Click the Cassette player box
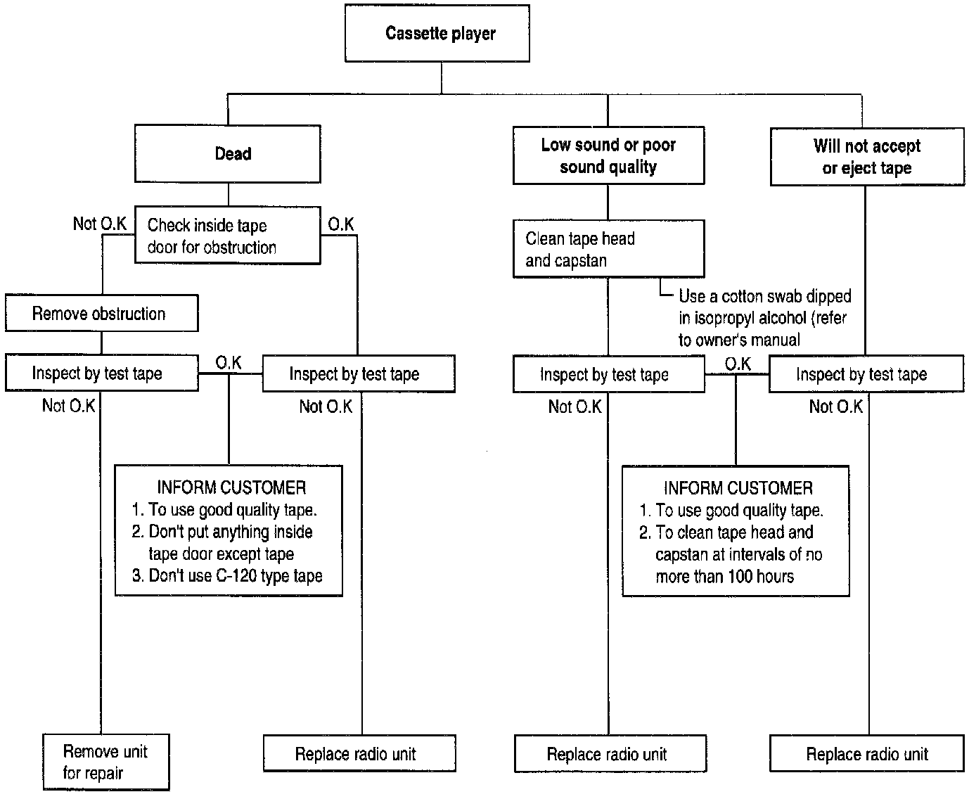437,33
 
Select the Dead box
228,153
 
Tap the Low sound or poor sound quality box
608,155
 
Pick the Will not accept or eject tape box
867,157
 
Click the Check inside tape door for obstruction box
228,236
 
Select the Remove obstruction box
102,314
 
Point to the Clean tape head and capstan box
608,249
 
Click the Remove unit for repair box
106,762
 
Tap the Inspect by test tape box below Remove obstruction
102,373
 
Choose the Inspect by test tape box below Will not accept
866,373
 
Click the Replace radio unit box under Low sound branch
610,753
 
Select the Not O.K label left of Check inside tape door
99,224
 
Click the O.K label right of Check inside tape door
340,224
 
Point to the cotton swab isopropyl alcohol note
764,318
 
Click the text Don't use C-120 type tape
236,576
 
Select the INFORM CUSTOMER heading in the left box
231,487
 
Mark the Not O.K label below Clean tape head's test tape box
575,407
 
